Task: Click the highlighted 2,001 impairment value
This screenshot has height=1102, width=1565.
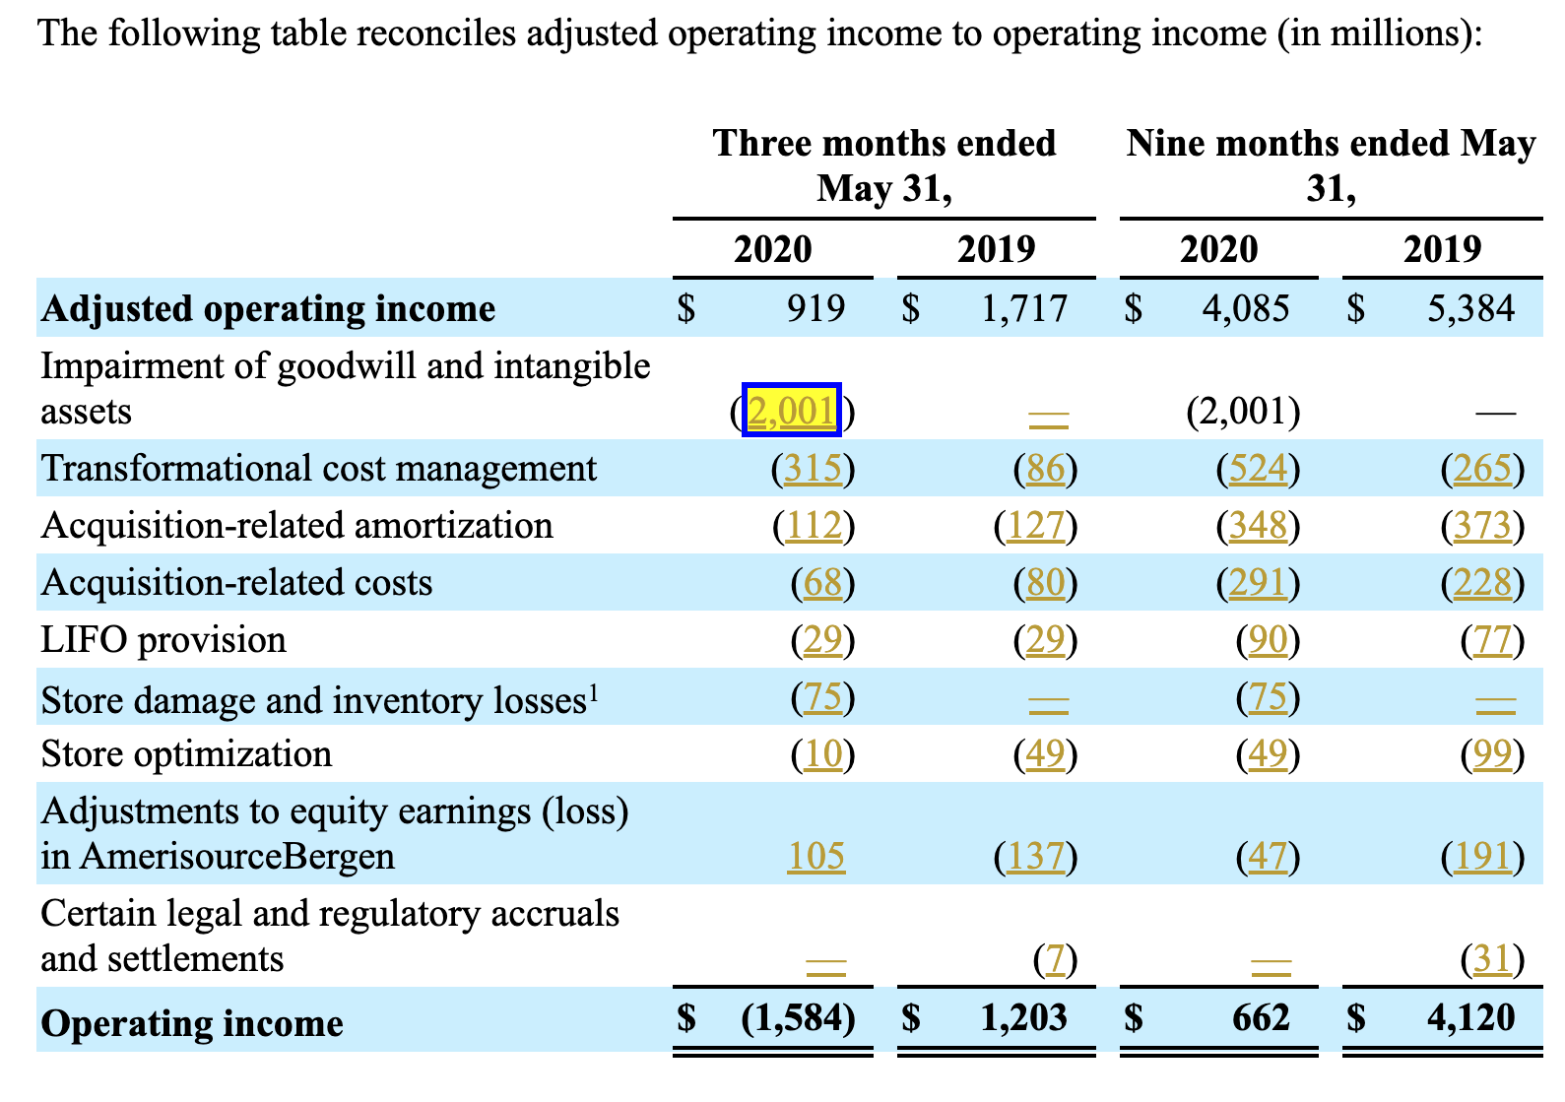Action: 792,410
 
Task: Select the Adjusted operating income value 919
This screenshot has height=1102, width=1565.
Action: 815,308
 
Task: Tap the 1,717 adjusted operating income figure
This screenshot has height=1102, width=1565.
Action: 1024,308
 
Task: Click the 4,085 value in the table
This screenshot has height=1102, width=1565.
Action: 1246,308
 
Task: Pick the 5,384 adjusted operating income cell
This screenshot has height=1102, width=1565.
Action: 1470,308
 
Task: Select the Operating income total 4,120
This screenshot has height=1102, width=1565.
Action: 1470,1017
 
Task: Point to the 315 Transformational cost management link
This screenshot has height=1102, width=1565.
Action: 814,468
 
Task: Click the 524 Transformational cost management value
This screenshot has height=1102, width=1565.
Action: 1259,468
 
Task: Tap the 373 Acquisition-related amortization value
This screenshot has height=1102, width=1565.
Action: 1482,526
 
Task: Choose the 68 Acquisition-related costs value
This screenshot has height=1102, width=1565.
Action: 823,583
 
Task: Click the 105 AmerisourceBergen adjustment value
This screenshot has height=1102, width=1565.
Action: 815,856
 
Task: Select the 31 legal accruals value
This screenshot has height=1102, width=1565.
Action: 1491,958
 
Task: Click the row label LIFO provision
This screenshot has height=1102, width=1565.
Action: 163,640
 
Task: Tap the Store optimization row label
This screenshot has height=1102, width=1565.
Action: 186,754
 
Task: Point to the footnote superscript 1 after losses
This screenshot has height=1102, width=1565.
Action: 594,693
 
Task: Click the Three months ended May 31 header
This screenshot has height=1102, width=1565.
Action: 883,165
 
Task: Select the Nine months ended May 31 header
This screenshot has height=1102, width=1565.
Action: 1331,165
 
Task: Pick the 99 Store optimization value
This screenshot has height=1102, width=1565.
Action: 1491,754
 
